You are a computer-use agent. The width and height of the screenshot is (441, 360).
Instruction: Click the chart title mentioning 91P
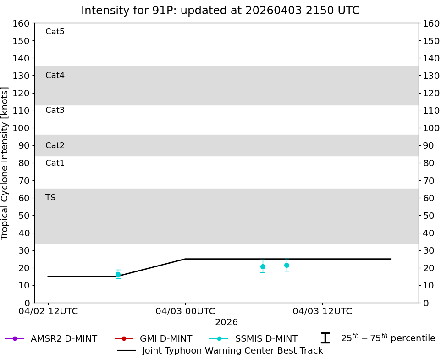click(x=220, y=11)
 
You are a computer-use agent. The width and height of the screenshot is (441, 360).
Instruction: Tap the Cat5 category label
click(x=55, y=32)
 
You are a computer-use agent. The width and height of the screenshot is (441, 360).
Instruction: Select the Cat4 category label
click(x=55, y=75)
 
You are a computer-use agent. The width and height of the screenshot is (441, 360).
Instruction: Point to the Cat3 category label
click(x=55, y=110)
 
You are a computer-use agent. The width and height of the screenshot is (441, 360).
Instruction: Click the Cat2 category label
click(x=55, y=145)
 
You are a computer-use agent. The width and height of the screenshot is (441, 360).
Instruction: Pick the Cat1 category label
click(x=55, y=163)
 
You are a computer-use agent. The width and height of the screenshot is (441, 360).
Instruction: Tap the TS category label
click(x=50, y=198)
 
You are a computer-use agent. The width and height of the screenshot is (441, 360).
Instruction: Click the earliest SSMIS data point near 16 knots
click(x=118, y=274)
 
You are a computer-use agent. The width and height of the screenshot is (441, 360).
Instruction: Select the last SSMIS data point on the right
click(x=287, y=265)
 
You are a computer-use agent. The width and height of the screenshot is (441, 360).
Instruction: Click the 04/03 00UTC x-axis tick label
click(x=185, y=311)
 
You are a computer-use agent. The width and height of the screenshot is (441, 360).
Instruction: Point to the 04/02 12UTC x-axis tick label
click(x=48, y=311)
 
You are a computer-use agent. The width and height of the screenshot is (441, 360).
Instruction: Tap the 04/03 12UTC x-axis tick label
click(x=322, y=311)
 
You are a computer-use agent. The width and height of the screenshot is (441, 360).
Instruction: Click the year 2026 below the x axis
click(x=226, y=322)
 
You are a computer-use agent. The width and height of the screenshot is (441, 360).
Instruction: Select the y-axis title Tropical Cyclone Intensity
click(x=6, y=163)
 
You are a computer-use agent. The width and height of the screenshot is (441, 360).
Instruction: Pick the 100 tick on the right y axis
click(x=431, y=128)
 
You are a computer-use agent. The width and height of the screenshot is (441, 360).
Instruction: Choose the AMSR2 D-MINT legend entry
click(x=64, y=338)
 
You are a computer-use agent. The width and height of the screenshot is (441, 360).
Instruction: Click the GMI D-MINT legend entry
click(x=166, y=338)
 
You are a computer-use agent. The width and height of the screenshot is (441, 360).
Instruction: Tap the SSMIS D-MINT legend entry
click(x=266, y=338)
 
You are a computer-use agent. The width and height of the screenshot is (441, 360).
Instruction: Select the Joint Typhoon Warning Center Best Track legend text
click(x=232, y=350)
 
